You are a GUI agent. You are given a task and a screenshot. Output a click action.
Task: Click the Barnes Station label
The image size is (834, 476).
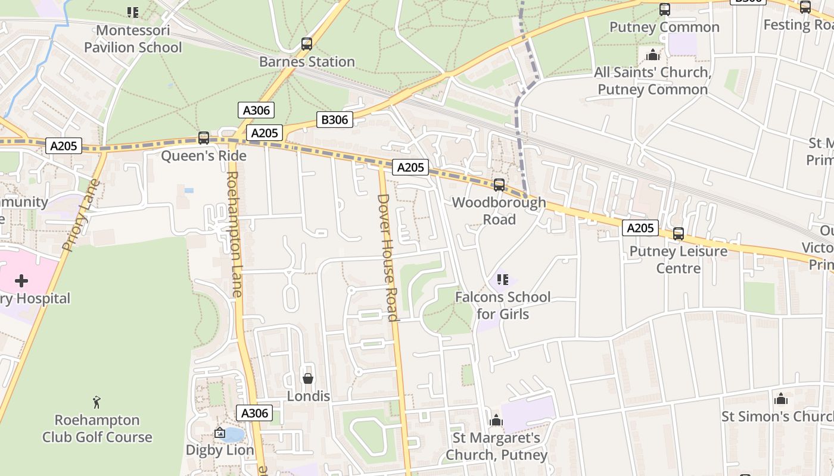pyautogui.click(x=307, y=62)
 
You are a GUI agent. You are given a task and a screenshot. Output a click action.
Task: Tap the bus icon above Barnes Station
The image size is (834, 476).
pyautogui.click(x=307, y=44)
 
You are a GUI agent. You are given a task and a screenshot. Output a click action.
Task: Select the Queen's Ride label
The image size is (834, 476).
pyautogui.click(x=204, y=156)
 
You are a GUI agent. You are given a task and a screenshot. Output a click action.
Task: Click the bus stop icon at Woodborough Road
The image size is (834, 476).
pyautogui.click(x=499, y=185)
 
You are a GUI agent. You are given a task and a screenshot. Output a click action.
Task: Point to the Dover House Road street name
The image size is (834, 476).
pyautogui.click(x=388, y=257)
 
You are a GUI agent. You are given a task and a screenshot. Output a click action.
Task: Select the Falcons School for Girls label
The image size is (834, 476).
pyautogui.click(x=502, y=305)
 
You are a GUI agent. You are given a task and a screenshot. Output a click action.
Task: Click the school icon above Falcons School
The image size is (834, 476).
pyautogui.click(x=502, y=279)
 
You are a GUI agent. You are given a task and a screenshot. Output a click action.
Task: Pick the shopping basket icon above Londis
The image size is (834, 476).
pyautogui.click(x=308, y=378)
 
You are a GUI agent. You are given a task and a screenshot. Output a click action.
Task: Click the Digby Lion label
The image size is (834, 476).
pyautogui.click(x=220, y=450)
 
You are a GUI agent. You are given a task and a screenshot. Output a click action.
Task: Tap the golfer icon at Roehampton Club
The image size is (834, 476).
pyautogui.click(x=97, y=402)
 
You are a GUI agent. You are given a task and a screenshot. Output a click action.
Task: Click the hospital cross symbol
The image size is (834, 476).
pyautogui.click(x=21, y=280)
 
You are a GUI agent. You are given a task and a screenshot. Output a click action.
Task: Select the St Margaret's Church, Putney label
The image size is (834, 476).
pyautogui.click(x=496, y=447)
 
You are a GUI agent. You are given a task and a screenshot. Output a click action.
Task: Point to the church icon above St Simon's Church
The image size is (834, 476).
pyautogui.click(x=780, y=399)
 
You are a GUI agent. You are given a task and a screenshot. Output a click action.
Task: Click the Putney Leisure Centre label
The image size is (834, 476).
pyautogui.click(x=678, y=260)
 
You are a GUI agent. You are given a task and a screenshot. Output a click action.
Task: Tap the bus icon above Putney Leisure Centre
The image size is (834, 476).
pyautogui.click(x=678, y=234)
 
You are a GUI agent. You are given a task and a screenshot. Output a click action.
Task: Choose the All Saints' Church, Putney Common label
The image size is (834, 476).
pyautogui.click(x=652, y=81)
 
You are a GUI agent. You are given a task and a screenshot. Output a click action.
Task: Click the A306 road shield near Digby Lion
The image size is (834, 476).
pyautogui.click(x=254, y=413)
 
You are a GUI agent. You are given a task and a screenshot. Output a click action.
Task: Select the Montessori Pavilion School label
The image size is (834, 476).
pyautogui.click(x=133, y=39)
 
